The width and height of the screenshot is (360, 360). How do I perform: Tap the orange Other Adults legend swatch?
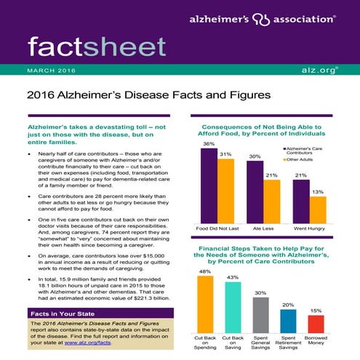[281, 160]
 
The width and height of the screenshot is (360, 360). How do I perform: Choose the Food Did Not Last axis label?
[217, 229]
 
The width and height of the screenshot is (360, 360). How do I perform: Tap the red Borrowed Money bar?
[316, 324]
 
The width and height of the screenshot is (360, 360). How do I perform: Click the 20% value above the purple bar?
[288, 304]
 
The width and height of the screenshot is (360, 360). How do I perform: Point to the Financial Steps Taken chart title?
[266, 255]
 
